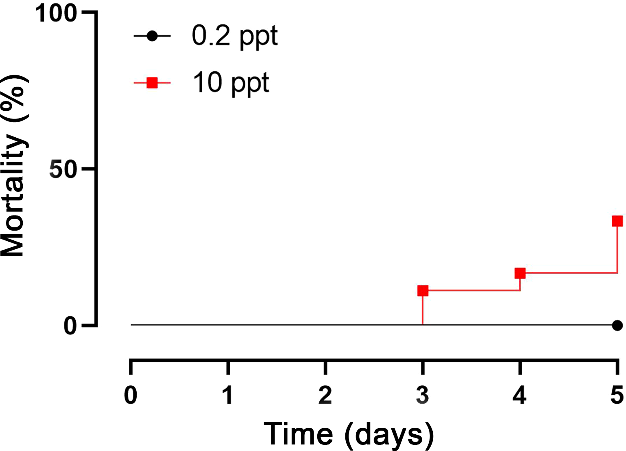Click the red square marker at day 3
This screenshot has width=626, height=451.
pyautogui.click(x=423, y=290)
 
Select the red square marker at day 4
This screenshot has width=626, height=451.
pyautogui.click(x=520, y=273)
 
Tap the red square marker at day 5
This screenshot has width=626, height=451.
pyautogui.click(x=617, y=221)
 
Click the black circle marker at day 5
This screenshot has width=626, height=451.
pyautogui.click(x=617, y=326)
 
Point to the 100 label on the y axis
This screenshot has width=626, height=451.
pyautogui.click(x=56, y=13)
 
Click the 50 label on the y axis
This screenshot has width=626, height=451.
pyautogui.click(x=63, y=169)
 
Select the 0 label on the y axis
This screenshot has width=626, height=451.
pyautogui.click(x=70, y=326)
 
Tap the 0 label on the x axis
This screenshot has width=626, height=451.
pyautogui.click(x=131, y=395)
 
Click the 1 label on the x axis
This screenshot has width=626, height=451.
pyautogui.click(x=228, y=395)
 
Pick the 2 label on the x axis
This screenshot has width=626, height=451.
pyautogui.click(x=325, y=395)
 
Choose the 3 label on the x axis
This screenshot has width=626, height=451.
pyautogui.click(x=423, y=395)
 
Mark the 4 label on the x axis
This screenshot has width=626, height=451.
pyautogui.click(x=520, y=395)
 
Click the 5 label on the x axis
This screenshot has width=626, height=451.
pyautogui.click(x=617, y=395)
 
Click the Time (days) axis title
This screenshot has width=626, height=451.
pyautogui.click(x=349, y=434)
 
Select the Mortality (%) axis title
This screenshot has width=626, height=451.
pyautogui.click(x=14, y=166)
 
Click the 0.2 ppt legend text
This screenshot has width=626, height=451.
pyautogui.click(x=235, y=36)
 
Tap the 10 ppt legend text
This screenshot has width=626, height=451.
pyautogui.click(x=231, y=83)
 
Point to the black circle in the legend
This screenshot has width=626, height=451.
pyautogui.click(x=152, y=36)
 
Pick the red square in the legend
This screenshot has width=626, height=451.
pyautogui.click(x=152, y=83)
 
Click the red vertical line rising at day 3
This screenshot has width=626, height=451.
pyautogui.click(x=423, y=310)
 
